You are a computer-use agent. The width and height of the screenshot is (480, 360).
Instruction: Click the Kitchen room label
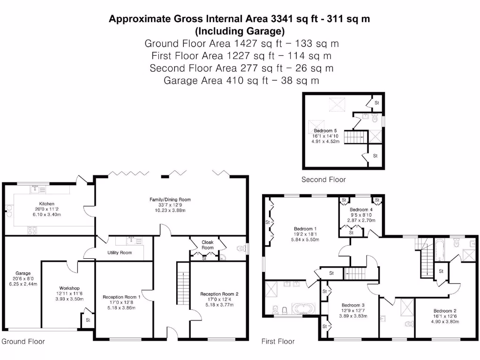click(46, 204)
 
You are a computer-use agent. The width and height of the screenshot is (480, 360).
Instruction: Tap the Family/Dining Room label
click(170, 200)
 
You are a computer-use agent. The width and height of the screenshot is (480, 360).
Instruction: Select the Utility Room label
click(120, 253)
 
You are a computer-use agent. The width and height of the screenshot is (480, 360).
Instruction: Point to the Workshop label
click(69, 288)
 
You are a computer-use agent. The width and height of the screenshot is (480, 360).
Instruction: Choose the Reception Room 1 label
click(121, 297)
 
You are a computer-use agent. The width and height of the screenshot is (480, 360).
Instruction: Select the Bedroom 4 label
click(361, 210)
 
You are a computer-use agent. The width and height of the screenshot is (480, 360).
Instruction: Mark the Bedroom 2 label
click(445, 311)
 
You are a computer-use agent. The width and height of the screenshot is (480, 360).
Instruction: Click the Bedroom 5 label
click(325, 130)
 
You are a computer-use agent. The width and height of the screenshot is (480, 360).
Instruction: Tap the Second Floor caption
click(323, 180)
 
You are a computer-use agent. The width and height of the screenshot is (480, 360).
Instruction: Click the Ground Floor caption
click(23, 341)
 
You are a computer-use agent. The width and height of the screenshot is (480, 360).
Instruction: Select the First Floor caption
click(278, 341)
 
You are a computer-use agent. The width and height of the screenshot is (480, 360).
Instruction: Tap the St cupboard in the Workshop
click(88, 320)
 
